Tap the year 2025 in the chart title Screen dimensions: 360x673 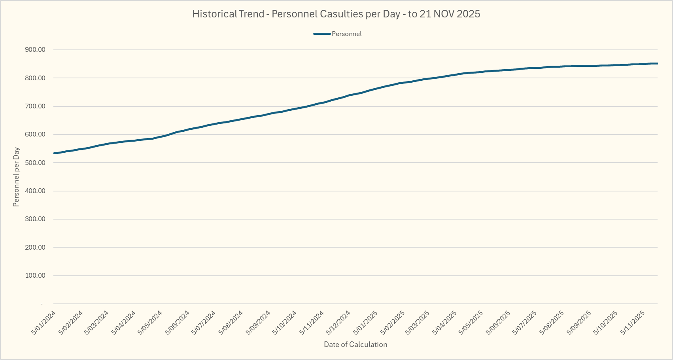point(468,14)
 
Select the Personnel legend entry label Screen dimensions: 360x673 point(346,34)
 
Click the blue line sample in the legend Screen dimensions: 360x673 point(321,34)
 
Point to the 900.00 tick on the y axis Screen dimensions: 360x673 point(35,50)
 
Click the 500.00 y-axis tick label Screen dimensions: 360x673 point(35,163)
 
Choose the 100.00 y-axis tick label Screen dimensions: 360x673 point(35,275)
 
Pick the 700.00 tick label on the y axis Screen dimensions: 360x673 point(35,106)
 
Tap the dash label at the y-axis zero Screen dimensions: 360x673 point(41,304)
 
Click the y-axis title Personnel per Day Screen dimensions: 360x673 point(16,177)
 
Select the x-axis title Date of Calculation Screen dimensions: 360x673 point(355,345)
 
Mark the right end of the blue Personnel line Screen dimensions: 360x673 point(657,63)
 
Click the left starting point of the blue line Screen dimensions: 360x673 point(54,153)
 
